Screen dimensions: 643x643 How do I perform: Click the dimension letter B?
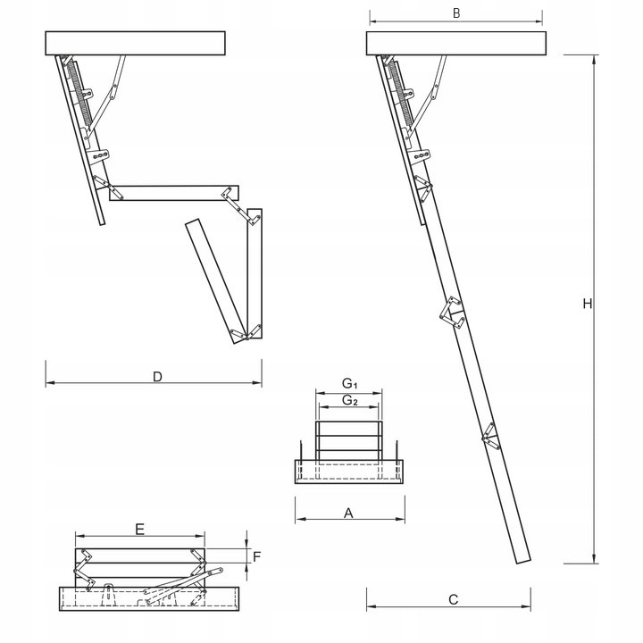click(455, 13)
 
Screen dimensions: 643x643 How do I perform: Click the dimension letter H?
click(587, 304)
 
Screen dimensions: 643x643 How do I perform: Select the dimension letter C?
click(453, 599)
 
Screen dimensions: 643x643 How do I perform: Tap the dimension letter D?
click(157, 376)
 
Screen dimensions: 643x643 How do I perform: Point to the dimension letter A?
click(349, 513)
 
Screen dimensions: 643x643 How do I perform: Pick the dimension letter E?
click(139, 529)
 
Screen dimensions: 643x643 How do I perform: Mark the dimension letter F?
click(256, 556)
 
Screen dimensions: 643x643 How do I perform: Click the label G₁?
click(350, 384)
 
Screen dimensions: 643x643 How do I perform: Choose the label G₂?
click(350, 401)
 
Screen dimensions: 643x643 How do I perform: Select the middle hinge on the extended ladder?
click(453, 313)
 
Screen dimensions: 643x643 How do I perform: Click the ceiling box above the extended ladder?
click(455, 43)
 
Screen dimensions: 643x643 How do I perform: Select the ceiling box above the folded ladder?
click(134, 43)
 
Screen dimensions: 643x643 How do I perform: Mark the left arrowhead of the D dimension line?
click(48, 384)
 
